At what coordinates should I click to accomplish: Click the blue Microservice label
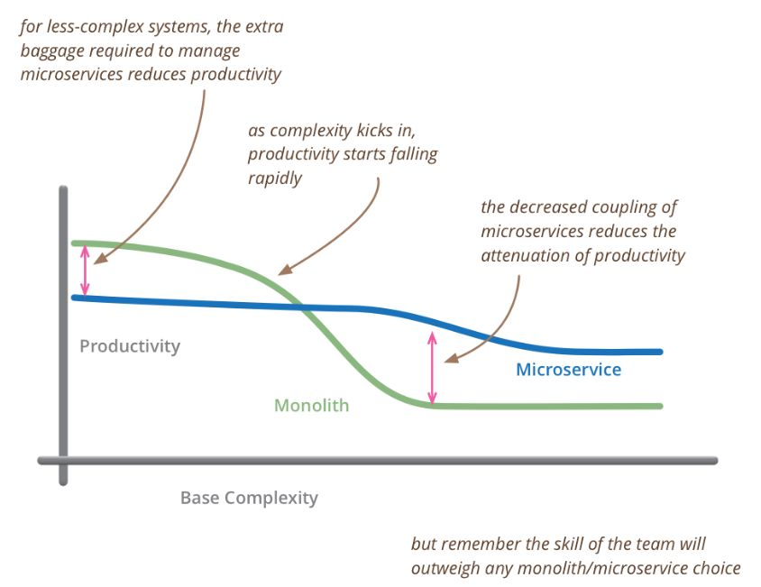point(568,370)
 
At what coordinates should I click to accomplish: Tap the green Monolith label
point(312,406)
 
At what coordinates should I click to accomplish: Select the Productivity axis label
point(130,346)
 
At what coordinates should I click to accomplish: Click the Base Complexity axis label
point(249,498)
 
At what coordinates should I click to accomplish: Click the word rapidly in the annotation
point(275,179)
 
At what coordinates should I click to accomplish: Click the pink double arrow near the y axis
point(85,270)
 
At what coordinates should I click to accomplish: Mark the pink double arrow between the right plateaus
point(432,368)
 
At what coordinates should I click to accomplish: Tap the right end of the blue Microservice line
point(660,352)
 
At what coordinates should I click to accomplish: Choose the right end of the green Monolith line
point(660,406)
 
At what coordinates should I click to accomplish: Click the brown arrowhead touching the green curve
point(285,270)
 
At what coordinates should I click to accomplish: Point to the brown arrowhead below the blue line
point(451,358)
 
